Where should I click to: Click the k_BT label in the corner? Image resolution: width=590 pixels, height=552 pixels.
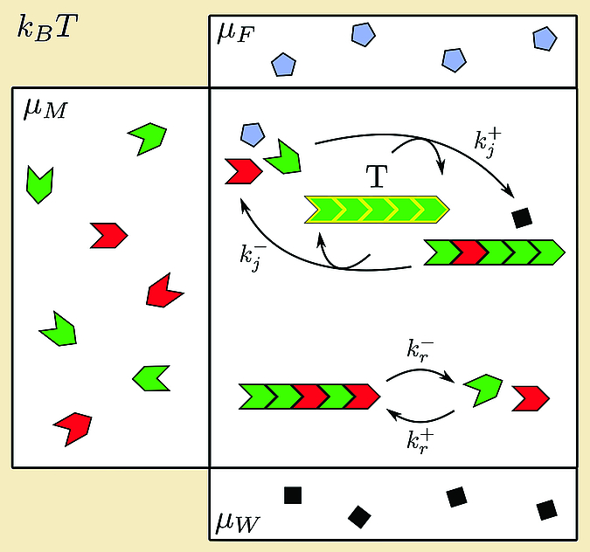point(48,27)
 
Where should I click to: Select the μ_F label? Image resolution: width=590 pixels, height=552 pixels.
point(236,34)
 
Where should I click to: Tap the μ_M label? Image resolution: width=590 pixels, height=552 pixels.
point(45,109)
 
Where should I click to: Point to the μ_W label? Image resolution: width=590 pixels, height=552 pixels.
point(238,521)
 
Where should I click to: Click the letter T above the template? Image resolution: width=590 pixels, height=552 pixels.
point(377,176)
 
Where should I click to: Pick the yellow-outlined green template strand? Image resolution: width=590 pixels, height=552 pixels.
point(377,210)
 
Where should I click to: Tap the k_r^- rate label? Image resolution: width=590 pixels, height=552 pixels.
point(420,350)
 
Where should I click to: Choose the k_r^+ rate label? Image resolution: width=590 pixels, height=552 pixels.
point(420,442)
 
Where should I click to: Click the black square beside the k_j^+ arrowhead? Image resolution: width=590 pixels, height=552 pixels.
point(523,218)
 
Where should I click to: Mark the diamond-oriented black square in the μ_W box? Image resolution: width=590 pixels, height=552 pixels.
point(359,517)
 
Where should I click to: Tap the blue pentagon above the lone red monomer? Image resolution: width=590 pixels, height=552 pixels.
point(253,135)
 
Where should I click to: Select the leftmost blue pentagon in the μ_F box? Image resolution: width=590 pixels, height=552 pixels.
point(283,65)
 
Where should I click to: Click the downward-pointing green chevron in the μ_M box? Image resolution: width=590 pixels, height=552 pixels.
point(39,184)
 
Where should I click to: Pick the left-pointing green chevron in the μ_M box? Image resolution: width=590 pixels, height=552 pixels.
point(151,378)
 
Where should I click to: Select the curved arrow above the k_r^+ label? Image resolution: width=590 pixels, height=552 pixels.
point(420,419)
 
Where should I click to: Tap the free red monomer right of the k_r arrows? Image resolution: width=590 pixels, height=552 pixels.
point(531,398)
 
